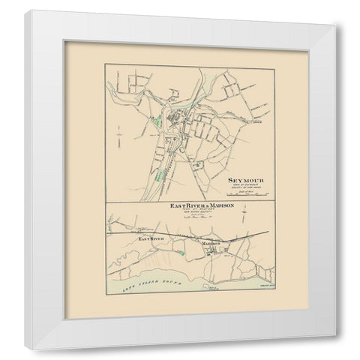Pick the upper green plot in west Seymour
click(x=159, y=119)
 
